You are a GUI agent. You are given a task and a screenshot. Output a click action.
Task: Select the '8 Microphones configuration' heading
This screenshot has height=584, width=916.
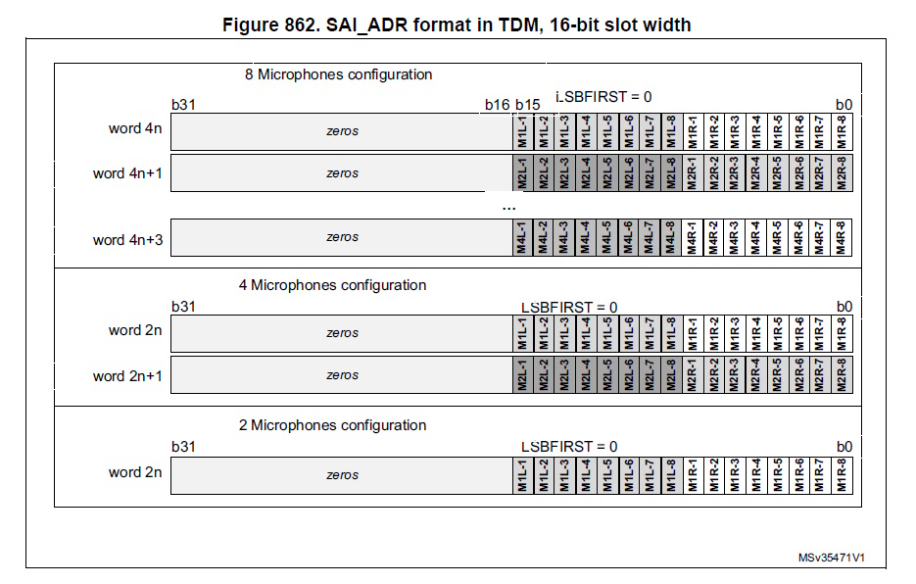point(338,74)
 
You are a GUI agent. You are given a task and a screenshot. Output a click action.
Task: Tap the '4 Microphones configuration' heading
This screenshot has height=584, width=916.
point(332,285)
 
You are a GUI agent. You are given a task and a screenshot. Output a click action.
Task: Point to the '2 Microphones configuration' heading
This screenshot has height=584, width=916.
point(332,425)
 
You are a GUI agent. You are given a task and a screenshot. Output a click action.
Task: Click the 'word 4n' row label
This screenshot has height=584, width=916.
point(135,128)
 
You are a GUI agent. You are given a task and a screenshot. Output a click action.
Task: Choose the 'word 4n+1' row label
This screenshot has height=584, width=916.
point(127,173)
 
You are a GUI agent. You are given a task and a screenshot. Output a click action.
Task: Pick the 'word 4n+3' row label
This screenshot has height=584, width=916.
point(127,239)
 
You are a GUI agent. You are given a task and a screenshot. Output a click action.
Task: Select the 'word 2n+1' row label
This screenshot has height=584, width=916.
point(127,375)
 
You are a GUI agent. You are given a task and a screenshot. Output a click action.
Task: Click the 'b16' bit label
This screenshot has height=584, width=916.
point(497,105)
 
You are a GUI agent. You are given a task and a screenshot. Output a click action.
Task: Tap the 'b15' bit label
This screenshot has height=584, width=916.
point(528,105)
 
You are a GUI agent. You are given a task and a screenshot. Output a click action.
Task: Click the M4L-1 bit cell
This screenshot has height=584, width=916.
point(522,238)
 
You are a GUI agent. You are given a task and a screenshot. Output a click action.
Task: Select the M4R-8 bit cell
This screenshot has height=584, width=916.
point(842,238)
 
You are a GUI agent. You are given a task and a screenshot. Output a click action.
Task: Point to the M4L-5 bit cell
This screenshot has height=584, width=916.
point(607,238)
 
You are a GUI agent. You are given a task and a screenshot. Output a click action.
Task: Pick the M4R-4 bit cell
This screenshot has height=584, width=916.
point(756,238)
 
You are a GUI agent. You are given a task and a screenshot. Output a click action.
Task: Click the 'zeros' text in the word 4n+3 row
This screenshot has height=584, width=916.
point(342,237)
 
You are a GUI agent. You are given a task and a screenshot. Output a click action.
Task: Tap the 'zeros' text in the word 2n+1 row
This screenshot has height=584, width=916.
point(342,375)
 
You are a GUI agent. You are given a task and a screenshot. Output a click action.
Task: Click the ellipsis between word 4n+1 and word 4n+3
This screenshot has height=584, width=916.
point(508,207)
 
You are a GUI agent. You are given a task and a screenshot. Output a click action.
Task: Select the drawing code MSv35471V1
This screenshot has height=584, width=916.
point(830,558)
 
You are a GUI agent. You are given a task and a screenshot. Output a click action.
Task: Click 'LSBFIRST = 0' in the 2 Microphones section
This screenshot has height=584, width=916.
point(569,447)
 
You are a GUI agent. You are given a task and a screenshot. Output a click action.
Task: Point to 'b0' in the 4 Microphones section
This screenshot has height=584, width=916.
point(844,307)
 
